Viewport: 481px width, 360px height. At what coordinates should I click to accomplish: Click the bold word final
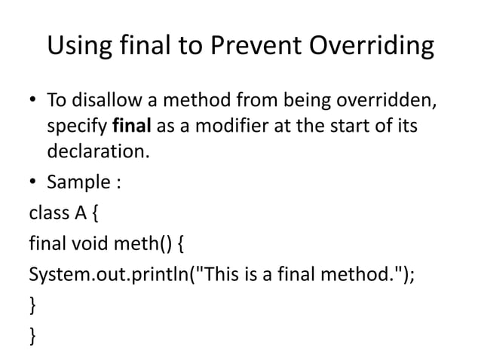130,127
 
